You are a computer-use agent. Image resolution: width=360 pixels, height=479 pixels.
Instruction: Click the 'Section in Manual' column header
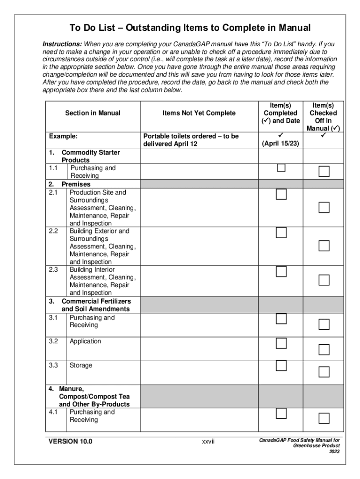(x=93, y=113)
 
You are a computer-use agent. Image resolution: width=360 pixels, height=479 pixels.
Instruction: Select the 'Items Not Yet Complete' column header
(x=199, y=113)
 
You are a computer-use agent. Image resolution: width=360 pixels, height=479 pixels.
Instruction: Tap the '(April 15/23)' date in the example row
(x=281, y=144)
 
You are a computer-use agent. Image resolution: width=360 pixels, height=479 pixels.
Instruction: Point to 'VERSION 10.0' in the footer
(x=71, y=442)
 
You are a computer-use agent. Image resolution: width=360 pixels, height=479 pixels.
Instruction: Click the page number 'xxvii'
(x=208, y=442)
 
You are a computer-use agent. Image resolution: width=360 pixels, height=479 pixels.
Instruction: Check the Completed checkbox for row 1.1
(x=281, y=168)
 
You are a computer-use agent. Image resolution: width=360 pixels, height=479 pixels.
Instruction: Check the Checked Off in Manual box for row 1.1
(x=324, y=172)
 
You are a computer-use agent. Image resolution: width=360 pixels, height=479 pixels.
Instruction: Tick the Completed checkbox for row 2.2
(x=281, y=232)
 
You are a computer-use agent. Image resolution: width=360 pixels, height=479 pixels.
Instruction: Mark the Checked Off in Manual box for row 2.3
(x=324, y=280)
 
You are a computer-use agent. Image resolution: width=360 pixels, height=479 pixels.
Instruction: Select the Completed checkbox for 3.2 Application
(x=281, y=343)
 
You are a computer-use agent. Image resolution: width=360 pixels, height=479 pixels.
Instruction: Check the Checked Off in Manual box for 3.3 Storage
(x=324, y=372)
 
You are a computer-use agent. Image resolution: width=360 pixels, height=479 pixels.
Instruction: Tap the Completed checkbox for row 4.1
(x=281, y=414)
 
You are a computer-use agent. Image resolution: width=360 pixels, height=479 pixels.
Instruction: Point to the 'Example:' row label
(x=63, y=136)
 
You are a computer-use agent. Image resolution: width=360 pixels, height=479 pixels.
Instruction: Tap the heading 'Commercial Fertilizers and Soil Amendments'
(x=96, y=305)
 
